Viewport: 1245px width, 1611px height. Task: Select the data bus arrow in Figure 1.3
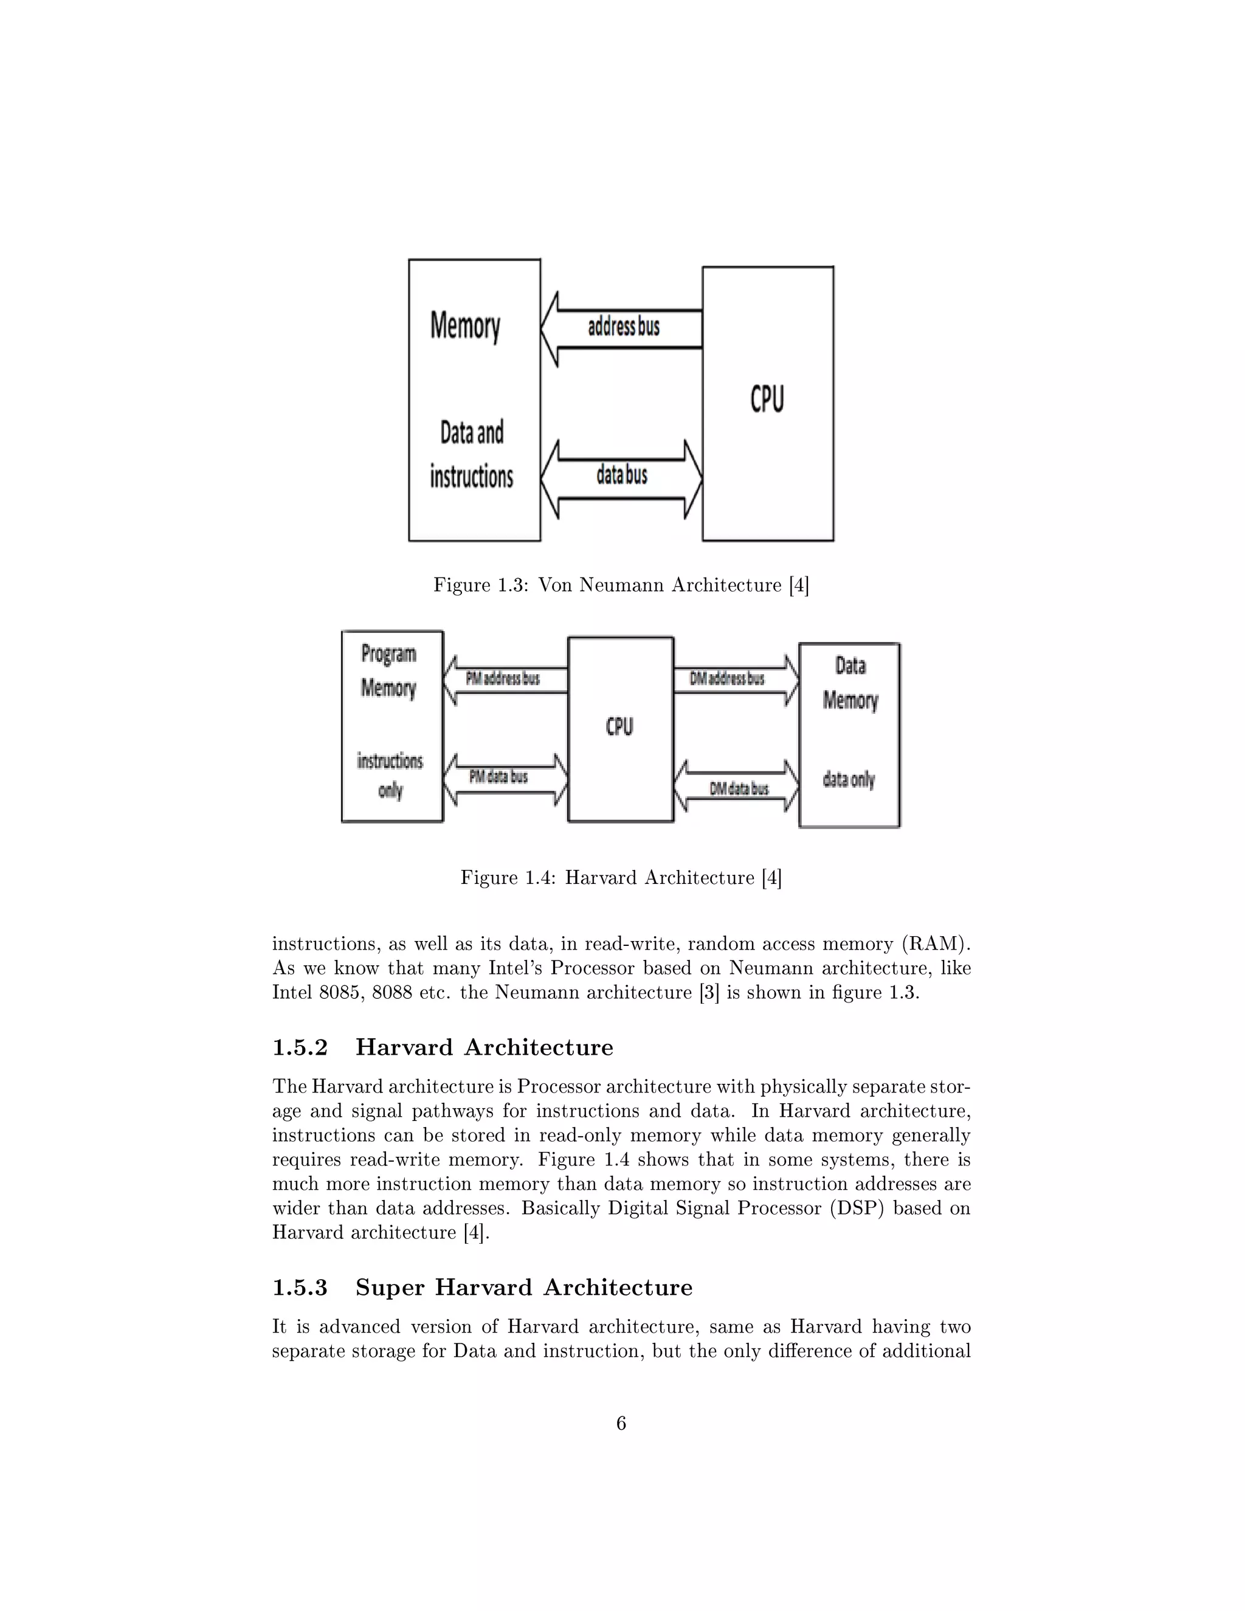pyautogui.click(x=622, y=478)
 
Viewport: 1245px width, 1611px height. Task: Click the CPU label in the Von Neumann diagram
pyautogui.click(x=767, y=399)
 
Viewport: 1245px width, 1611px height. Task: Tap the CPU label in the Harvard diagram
pyautogui.click(x=619, y=727)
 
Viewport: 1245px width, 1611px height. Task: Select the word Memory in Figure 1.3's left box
pyautogui.click(x=466, y=325)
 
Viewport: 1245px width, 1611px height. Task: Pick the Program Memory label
pyautogui.click(x=388, y=671)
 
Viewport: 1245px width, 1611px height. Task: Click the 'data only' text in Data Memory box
pyautogui.click(x=849, y=779)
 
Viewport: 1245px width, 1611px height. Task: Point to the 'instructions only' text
pyautogui.click(x=390, y=775)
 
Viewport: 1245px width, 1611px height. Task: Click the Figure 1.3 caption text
pyautogui.click(x=621, y=585)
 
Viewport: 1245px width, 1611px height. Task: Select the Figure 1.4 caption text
pyautogui.click(x=621, y=878)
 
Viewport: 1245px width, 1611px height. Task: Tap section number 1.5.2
pyautogui.click(x=300, y=1047)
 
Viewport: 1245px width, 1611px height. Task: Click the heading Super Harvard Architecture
pyautogui.click(x=523, y=1287)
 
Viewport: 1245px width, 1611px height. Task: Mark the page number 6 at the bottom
pyautogui.click(x=621, y=1424)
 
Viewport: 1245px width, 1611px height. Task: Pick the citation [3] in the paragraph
pyautogui.click(x=709, y=993)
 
